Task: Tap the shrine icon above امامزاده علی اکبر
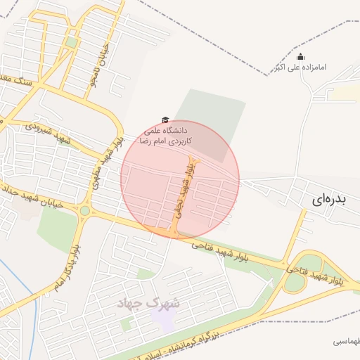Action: (x=301, y=57)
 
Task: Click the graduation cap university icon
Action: (x=166, y=120)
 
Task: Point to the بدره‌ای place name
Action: (x=328, y=200)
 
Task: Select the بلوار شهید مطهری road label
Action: (x=105, y=162)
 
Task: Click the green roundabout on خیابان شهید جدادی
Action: (x=85, y=210)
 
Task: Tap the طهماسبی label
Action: (x=346, y=341)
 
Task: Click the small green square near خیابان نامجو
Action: (x=72, y=43)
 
